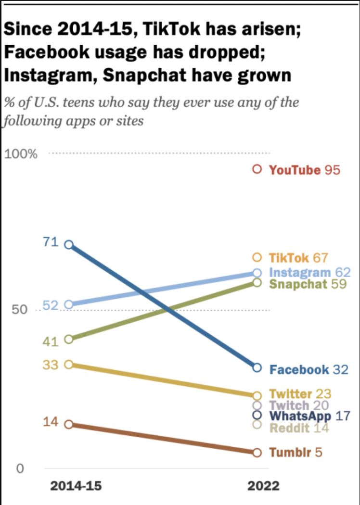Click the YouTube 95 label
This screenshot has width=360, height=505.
click(x=304, y=170)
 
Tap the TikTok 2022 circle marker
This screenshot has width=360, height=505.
click(x=257, y=257)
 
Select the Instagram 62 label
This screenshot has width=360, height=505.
click(x=309, y=272)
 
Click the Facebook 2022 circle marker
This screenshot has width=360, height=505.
click(x=257, y=368)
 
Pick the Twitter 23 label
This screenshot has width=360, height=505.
click(x=300, y=394)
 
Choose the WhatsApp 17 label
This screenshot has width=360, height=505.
click(x=309, y=416)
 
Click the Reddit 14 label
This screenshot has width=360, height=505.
click(x=299, y=428)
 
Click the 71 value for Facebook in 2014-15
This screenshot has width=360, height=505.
click(x=51, y=242)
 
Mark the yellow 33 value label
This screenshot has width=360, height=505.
click(x=51, y=365)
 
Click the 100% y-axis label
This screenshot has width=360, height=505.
click(x=20, y=154)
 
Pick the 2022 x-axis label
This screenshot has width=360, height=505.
click(x=263, y=486)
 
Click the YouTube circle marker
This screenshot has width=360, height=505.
click(x=257, y=169)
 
